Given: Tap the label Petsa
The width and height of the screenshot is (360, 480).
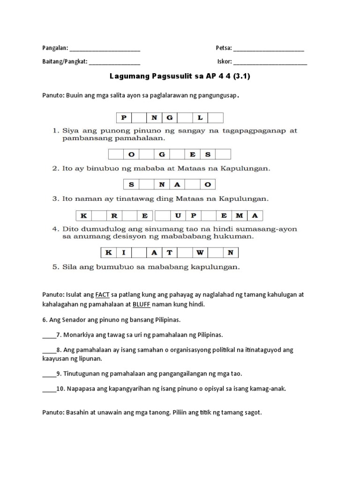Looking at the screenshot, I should [224, 48].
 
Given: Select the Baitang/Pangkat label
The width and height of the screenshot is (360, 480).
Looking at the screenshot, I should [64, 61].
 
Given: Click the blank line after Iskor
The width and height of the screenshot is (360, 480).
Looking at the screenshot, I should [270, 62].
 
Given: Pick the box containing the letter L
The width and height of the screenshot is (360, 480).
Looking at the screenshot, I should [200, 118].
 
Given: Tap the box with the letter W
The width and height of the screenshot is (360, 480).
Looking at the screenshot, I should [200, 253].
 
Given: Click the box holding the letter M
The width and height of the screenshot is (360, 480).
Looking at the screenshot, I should [240, 216].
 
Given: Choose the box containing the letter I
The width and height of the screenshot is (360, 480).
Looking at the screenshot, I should [124, 253].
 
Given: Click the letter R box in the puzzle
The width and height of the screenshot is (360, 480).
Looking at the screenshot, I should [114, 216].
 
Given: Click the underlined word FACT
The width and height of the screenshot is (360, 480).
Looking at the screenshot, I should [102, 295].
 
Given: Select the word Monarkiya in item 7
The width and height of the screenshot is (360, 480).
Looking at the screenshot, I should [78, 335].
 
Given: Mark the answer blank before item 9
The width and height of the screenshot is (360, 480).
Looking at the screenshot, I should [49, 374].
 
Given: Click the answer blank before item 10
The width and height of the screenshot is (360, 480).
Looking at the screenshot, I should [49, 389].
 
